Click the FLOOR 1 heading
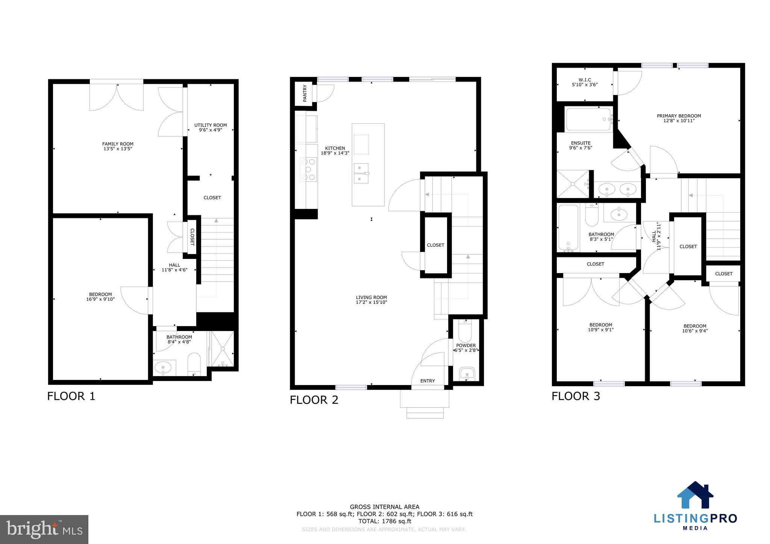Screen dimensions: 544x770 pyautogui.click(x=71, y=396)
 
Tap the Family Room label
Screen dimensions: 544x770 pyautogui.click(x=118, y=144)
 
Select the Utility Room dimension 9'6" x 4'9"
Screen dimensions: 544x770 pyautogui.click(x=211, y=130)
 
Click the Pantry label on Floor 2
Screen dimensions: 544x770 pyautogui.click(x=305, y=93)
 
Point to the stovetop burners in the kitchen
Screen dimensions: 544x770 pyautogui.click(x=308, y=169)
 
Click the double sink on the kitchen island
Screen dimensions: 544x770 pyautogui.click(x=361, y=173)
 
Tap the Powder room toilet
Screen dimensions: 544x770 pyautogui.click(x=465, y=330)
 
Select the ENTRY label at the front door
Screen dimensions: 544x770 pyautogui.click(x=427, y=381)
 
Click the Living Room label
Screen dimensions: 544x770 pyautogui.click(x=371, y=297)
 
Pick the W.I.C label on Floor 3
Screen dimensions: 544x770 pyautogui.click(x=585, y=80)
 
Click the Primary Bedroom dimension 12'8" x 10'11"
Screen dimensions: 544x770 pyautogui.click(x=679, y=121)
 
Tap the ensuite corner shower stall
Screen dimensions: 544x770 pyautogui.click(x=572, y=184)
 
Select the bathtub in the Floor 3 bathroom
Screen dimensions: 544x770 pyautogui.click(x=568, y=227)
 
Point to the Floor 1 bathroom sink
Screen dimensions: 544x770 pyautogui.click(x=164, y=367)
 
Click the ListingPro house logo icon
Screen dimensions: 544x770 pyautogui.click(x=695, y=495)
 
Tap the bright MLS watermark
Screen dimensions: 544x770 pyautogui.click(x=44, y=529)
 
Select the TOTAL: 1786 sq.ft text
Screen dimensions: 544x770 pyautogui.click(x=384, y=521)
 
